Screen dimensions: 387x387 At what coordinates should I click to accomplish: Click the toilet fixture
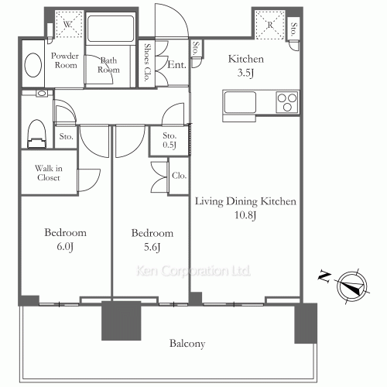tap(36, 134)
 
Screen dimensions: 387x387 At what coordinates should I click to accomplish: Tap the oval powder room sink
tap(33, 65)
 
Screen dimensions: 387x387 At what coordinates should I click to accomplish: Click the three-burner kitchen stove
tap(287, 102)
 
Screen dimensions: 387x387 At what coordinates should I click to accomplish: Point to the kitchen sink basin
tap(240, 102)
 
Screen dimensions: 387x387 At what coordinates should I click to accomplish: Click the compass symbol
tap(352, 286)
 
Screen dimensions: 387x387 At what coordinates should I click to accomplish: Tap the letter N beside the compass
tap(324, 276)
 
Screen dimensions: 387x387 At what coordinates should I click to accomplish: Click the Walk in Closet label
tap(49, 173)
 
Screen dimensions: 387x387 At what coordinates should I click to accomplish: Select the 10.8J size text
tap(245, 215)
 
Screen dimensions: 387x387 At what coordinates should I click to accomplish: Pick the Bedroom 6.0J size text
tap(65, 247)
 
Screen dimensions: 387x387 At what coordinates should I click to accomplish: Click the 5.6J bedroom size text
tap(152, 247)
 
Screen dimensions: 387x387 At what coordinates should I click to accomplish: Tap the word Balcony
tap(187, 344)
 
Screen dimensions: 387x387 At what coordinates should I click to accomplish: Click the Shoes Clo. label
tap(147, 63)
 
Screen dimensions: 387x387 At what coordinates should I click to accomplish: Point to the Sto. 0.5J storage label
tap(170, 140)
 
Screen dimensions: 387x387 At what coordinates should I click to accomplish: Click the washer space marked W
tap(69, 24)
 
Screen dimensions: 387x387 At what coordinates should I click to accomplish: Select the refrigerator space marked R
tap(270, 25)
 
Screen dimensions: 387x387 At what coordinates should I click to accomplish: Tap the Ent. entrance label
tap(177, 64)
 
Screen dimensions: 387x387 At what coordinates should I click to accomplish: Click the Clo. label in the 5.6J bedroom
tap(179, 176)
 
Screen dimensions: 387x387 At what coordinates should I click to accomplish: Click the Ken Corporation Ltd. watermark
tap(193, 271)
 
